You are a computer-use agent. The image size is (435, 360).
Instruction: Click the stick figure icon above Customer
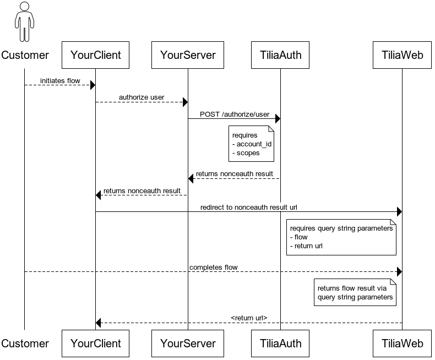(x=24, y=22)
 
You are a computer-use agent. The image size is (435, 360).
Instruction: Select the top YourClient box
(x=95, y=55)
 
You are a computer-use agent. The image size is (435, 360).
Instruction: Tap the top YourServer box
(x=188, y=55)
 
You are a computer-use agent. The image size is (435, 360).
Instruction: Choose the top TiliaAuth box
(x=280, y=55)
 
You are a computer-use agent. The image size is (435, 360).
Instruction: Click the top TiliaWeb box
(x=402, y=55)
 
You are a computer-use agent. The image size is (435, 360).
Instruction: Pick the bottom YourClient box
(x=95, y=343)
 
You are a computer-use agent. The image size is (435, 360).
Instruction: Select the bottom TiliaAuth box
(x=280, y=343)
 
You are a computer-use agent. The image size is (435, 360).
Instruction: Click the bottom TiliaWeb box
(x=402, y=343)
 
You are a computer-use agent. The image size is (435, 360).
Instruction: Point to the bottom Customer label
(x=25, y=343)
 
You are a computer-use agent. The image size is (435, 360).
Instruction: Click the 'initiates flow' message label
(x=60, y=81)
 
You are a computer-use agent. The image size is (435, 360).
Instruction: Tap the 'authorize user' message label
(x=142, y=98)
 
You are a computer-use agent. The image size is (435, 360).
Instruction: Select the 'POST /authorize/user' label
(x=235, y=114)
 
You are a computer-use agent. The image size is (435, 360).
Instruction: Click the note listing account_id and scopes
(x=252, y=144)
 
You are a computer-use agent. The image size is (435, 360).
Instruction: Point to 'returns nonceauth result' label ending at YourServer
(x=235, y=174)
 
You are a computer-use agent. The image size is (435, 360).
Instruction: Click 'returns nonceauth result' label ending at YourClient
(x=142, y=191)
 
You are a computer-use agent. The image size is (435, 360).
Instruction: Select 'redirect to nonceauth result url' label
(x=249, y=208)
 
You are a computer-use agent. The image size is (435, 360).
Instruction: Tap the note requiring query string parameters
(x=341, y=237)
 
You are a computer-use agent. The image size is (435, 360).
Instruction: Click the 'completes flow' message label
(x=214, y=268)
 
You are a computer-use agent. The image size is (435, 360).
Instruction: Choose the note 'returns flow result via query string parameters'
(x=355, y=292)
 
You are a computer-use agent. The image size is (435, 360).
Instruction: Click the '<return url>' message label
(x=249, y=318)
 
